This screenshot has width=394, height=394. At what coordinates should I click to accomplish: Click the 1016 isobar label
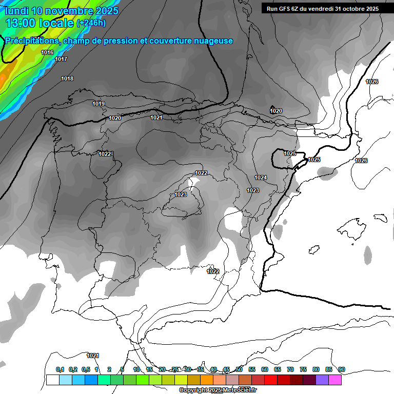pos(47,52)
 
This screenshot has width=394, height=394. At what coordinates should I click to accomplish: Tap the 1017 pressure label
pos(61,59)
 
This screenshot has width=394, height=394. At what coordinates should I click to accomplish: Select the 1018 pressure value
pos(67,78)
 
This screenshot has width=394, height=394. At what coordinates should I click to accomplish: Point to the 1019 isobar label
pos(98,104)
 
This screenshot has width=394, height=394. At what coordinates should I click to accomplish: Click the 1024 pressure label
pos(261,178)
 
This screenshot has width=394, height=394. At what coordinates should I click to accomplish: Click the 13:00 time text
pos(20,23)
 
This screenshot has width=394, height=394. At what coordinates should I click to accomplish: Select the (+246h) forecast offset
pos(91,23)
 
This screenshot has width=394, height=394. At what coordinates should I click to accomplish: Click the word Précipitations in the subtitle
pos(31,41)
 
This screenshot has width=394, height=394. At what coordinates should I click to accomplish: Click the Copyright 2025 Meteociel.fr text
pos(218,390)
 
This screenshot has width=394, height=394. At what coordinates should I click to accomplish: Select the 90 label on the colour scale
pos(342,369)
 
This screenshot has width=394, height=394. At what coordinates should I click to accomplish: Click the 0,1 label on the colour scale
pos(60,369)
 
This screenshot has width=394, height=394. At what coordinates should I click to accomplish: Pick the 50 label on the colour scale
pos(239,369)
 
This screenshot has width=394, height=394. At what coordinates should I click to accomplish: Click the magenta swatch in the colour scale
pos(335,380)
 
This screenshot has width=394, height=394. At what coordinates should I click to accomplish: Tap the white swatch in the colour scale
pos(52,380)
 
